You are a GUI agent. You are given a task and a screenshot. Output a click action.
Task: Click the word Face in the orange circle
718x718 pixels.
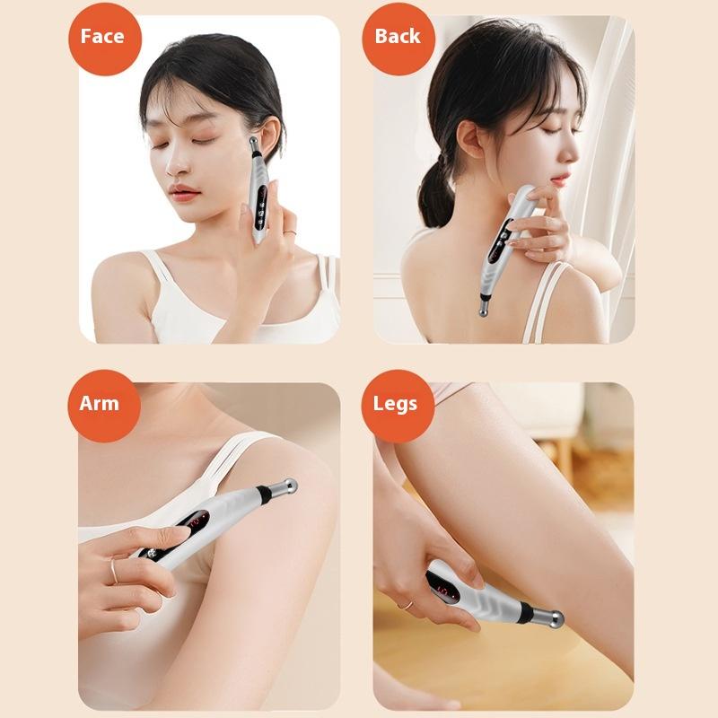pyautogui.click(x=102, y=36)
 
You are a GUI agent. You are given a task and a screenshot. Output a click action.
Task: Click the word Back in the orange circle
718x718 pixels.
pyautogui.click(x=397, y=36)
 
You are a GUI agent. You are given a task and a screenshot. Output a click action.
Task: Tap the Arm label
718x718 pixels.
pyautogui.click(x=99, y=403)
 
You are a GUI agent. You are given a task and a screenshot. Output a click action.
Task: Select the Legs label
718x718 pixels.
pyautogui.click(x=395, y=404)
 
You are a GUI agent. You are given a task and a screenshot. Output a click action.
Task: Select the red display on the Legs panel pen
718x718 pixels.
pyautogui.click(x=443, y=590)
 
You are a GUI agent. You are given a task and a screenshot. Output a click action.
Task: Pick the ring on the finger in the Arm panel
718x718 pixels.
pyautogui.click(x=114, y=571)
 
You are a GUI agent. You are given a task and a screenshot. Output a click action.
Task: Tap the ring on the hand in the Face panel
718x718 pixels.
pyautogui.click(x=290, y=233)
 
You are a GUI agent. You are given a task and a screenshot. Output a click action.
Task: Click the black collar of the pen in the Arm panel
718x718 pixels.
pyautogui.click(x=264, y=494)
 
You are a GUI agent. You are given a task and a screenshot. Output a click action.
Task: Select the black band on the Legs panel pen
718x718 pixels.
pyautogui.click(x=527, y=612)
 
